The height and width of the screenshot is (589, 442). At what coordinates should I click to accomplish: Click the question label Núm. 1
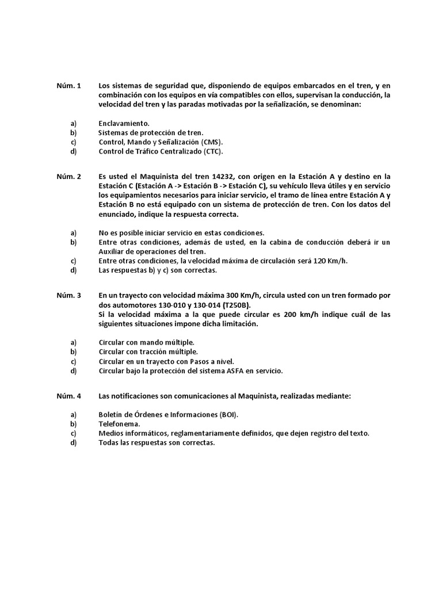(x=68, y=85)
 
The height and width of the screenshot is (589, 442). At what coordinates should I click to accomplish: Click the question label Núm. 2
(x=68, y=176)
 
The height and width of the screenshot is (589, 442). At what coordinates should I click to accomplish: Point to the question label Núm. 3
(x=68, y=296)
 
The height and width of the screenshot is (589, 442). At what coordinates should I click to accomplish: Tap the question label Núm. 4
(x=68, y=396)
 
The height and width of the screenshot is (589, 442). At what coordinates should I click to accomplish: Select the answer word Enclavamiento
(x=124, y=123)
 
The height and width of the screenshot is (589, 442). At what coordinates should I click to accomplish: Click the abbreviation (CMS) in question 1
(x=211, y=142)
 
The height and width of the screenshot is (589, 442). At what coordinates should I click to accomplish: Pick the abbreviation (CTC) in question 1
(x=212, y=151)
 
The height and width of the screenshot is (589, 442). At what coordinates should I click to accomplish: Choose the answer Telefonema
(x=120, y=424)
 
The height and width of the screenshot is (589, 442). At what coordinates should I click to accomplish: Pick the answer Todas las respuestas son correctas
(x=156, y=443)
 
